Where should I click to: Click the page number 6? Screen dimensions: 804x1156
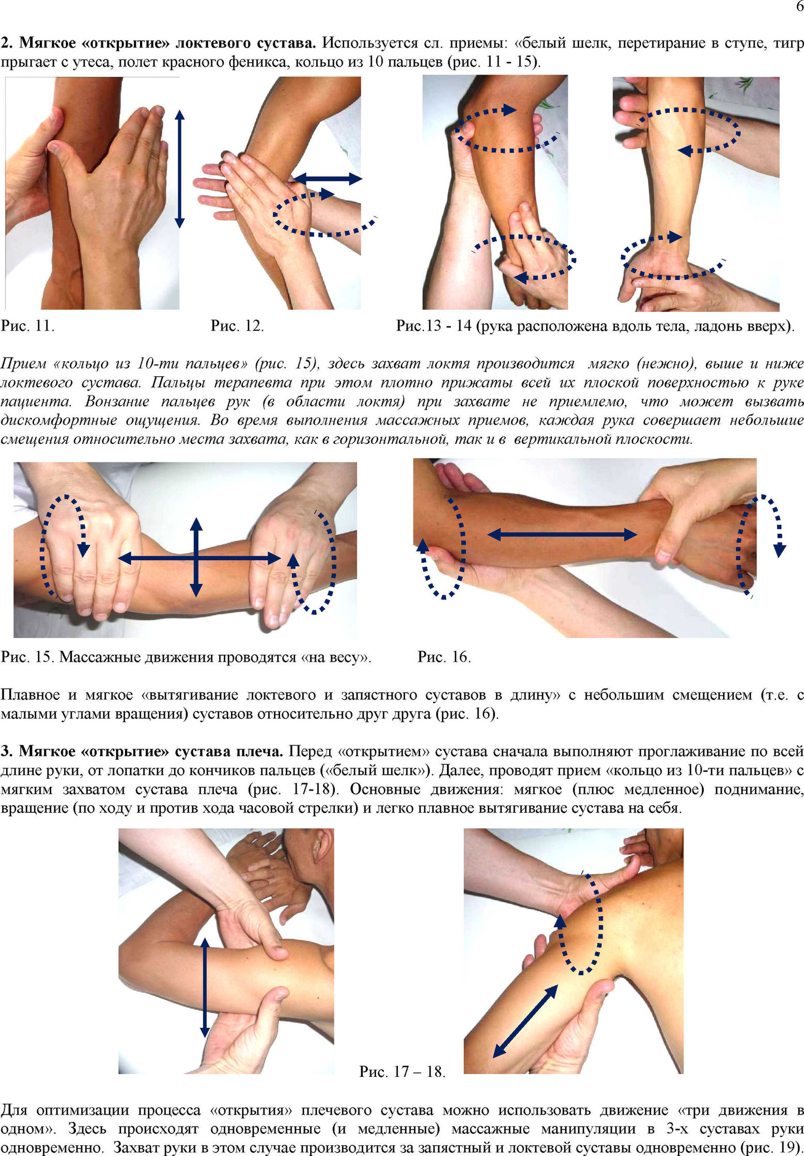(x=799, y=7)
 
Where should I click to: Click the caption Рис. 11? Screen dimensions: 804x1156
(x=27, y=326)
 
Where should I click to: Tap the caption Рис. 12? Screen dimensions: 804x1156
(x=237, y=326)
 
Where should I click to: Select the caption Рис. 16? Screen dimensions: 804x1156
(x=444, y=657)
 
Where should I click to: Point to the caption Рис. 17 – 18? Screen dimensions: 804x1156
(x=403, y=1071)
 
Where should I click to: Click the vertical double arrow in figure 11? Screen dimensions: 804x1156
(x=179, y=169)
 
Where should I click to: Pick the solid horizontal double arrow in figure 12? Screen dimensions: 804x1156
(x=328, y=179)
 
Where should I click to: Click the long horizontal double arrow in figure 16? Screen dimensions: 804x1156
(x=562, y=534)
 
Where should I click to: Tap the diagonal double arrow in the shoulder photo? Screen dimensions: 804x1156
(x=525, y=1021)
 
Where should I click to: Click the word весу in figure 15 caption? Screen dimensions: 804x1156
(x=346, y=657)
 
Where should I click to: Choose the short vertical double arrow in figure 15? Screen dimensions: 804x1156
(x=196, y=557)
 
